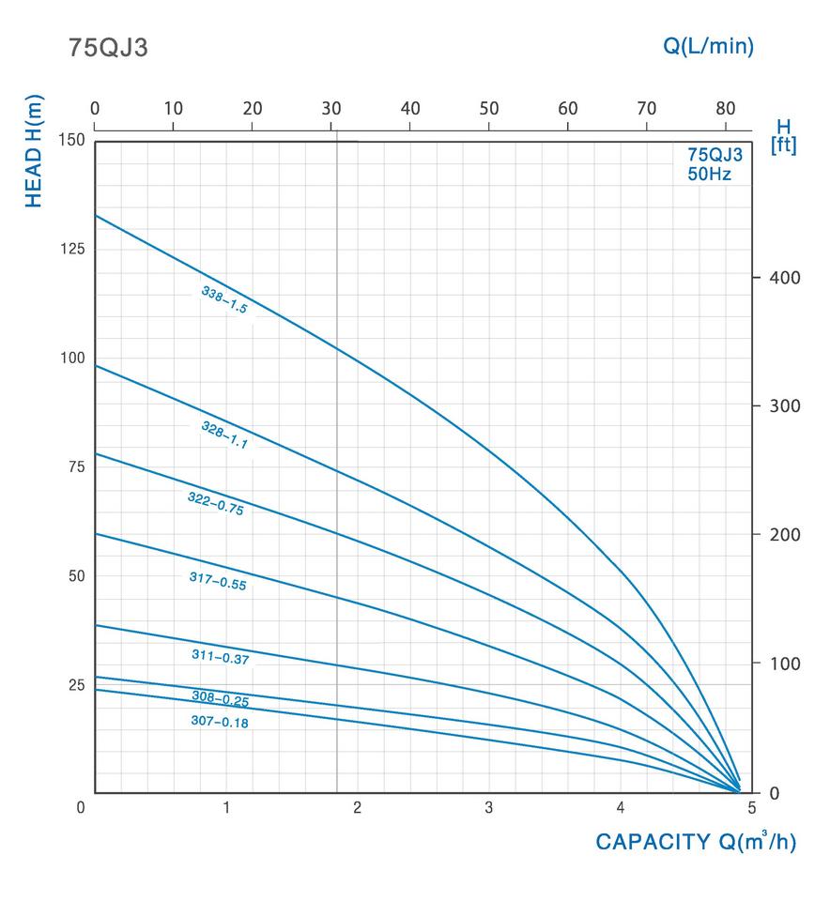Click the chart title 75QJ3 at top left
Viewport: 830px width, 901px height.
click(x=108, y=49)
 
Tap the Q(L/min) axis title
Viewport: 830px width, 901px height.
click(x=708, y=46)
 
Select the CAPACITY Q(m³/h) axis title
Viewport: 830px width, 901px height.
click(x=695, y=842)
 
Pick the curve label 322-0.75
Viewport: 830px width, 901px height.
click(x=215, y=503)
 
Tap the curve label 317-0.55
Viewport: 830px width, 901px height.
click(x=217, y=580)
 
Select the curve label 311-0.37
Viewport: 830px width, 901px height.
click(x=220, y=657)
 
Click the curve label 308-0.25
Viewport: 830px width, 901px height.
click(x=220, y=698)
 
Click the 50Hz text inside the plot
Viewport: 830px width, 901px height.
click(x=709, y=175)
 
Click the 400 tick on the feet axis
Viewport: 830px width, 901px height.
click(x=785, y=278)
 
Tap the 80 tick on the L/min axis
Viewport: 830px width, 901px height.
click(x=725, y=108)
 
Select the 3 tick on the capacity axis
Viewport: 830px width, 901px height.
click(x=489, y=807)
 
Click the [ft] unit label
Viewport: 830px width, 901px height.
click(x=783, y=146)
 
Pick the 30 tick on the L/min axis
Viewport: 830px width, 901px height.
click(x=330, y=108)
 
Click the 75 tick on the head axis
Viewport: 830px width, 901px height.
click(x=71, y=466)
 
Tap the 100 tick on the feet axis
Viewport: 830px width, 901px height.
click(x=785, y=664)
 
